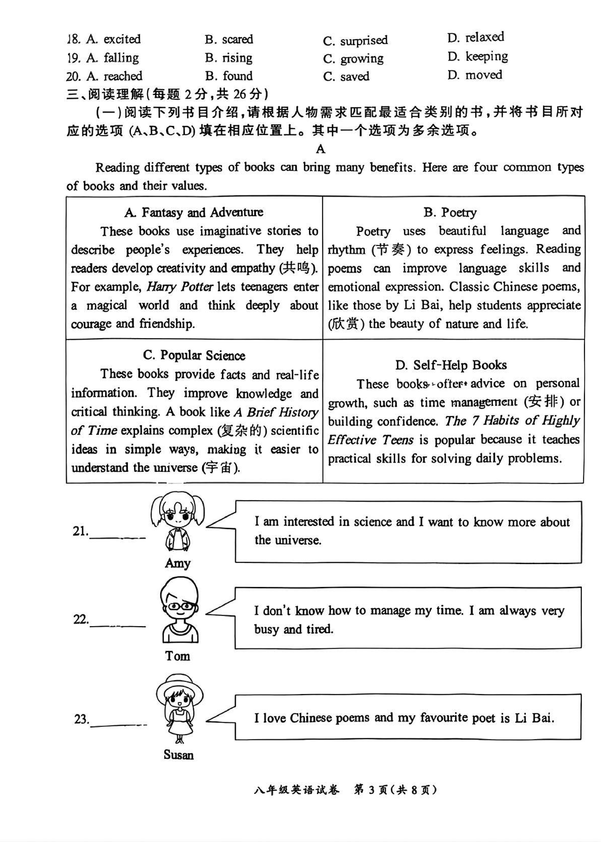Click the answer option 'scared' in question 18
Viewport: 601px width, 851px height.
237,39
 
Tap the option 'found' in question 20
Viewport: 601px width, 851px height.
237,76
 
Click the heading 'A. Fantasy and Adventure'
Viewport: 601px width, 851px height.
194,212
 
